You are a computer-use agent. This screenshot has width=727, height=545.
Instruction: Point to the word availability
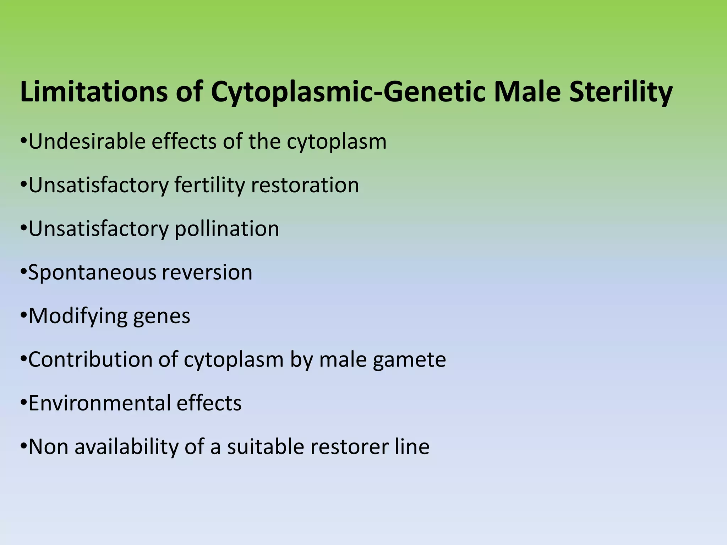[x=126, y=447]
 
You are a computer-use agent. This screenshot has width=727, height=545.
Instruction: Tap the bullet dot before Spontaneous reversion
[x=24, y=272]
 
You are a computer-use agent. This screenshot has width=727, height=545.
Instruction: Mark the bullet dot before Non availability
[x=24, y=446]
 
